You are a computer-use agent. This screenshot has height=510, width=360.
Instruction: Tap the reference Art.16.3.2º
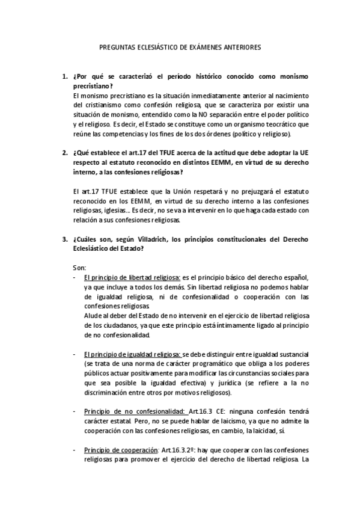tap(178, 450)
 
